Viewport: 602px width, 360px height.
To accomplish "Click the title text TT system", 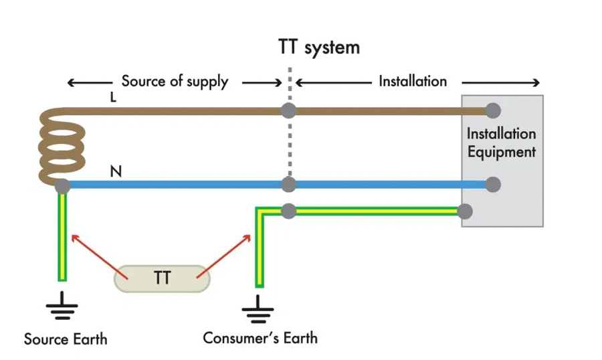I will (319, 48).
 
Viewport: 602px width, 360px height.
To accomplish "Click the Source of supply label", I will (175, 82).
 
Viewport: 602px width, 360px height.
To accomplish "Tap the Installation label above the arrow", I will (413, 81).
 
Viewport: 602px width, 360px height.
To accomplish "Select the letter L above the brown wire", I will (113, 97).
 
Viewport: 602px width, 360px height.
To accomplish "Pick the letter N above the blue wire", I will (116, 172).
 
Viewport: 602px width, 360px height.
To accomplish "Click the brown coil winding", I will (60, 147).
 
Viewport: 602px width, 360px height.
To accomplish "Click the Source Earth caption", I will (66, 339).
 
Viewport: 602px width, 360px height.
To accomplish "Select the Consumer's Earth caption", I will (260, 337).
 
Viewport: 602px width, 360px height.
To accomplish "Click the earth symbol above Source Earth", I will (62, 306).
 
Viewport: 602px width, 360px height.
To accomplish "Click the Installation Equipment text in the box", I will (502, 143).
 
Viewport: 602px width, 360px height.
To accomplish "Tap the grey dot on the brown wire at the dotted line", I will (289, 110).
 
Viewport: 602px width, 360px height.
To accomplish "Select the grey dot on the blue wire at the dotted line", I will (289, 184).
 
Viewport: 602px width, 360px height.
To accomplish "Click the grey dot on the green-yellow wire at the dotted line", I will (289, 211).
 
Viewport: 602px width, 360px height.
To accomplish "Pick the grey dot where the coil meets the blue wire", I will (62, 187).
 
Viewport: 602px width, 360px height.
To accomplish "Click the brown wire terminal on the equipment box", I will (493, 110).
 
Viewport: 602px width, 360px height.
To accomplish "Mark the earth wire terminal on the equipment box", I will (465, 211).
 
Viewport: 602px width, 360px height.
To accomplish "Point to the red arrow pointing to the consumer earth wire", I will (225, 253).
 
